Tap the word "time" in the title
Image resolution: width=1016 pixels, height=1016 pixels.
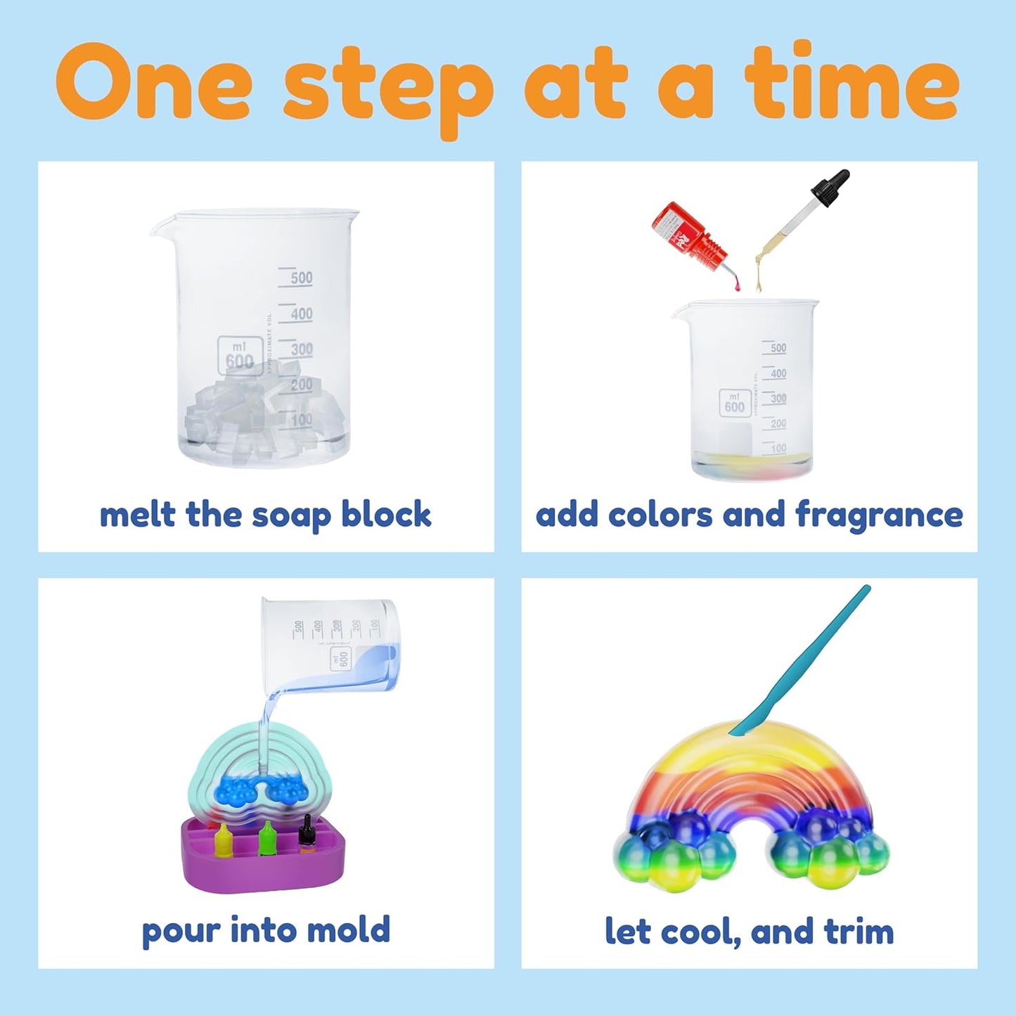(851, 82)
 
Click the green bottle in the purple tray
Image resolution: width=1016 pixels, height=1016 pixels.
(266, 838)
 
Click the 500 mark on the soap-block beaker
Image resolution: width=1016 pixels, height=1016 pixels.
(301, 278)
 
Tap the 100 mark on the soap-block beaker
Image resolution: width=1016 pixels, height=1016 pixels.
(301, 420)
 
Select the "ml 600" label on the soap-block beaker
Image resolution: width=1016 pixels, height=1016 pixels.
(240, 356)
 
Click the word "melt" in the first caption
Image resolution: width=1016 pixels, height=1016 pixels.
(137, 515)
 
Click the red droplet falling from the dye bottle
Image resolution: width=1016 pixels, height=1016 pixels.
(737, 285)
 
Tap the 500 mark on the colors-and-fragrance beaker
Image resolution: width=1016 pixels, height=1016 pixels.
(778, 348)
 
